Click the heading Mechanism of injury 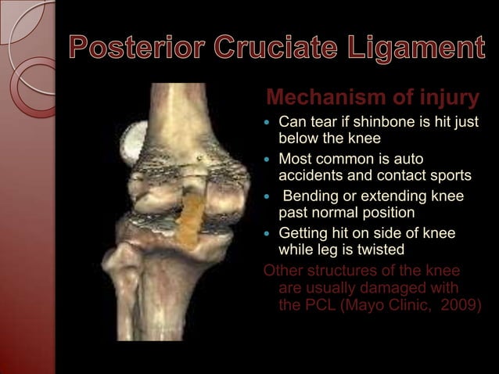(x=372, y=99)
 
